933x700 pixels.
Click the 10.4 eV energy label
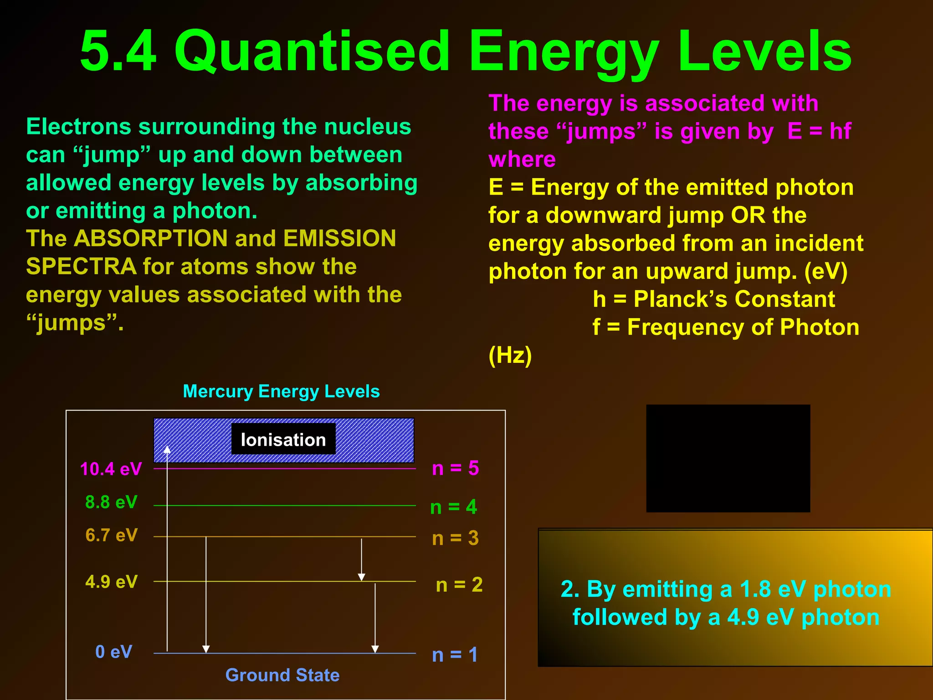[111, 469]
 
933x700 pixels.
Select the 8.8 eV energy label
[111, 502]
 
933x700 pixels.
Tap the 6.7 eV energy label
[111, 535]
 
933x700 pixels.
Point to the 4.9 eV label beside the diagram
[111, 582]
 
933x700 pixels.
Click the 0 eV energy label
[113, 652]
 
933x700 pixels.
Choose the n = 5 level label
[455, 468]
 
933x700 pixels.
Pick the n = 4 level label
[453, 507]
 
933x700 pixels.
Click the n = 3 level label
[455, 538]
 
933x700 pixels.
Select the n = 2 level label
[459, 585]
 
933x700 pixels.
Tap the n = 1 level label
[455, 655]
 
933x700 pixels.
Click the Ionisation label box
[283, 439]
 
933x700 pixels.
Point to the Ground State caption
[282, 675]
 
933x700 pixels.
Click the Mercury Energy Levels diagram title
[281, 391]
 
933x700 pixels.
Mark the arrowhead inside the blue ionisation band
[167, 449]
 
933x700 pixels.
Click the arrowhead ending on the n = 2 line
[361, 577]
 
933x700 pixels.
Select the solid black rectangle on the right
[728, 458]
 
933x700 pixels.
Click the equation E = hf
[819, 131]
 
